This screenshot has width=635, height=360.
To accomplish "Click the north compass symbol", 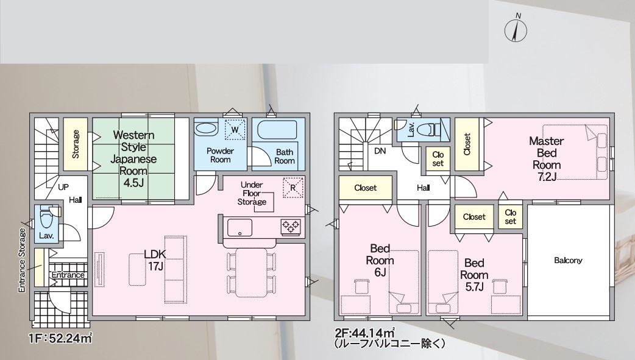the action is [x=516, y=29].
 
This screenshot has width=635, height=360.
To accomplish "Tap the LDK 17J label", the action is [x=155, y=260].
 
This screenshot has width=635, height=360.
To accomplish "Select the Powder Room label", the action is [x=221, y=155].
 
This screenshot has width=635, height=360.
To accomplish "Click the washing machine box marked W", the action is [x=235, y=130].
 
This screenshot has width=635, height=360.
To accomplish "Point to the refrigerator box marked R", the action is [x=293, y=188].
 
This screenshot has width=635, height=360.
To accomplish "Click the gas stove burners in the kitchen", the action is [x=291, y=226].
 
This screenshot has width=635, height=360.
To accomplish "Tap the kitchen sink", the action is [x=239, y=228].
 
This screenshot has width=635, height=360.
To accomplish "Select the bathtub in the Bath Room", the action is [x=277, y=130].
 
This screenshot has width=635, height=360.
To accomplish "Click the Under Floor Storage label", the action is [x=252, y=193].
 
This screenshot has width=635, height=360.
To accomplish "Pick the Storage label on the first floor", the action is [x=76, y=144].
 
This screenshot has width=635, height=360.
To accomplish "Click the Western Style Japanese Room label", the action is [x=133, y=158].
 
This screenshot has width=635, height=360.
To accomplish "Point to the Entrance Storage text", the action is [x=22, y=260].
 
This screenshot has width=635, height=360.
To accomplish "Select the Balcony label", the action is [x=568, y=260].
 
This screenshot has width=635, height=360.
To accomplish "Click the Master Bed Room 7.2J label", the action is [x=547, y=159].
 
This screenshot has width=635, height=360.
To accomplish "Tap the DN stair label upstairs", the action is [x=380, y=151].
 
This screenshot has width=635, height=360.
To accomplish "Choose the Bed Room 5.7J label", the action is [x=474, y=275].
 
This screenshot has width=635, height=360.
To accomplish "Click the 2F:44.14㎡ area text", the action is [x=365, y=333].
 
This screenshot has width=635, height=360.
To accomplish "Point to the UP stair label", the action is [x=63, y=187].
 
